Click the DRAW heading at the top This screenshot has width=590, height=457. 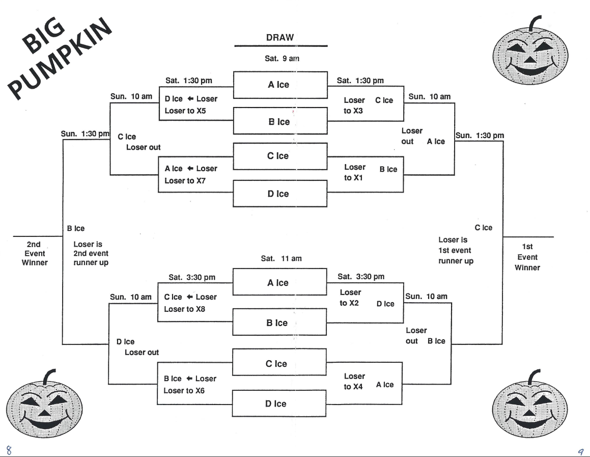[x=280, y=38]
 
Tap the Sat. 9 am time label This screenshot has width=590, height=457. [x=282, y=59]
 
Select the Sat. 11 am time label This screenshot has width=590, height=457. [x=281, y=258]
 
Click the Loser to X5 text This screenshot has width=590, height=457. [x=185, y=111]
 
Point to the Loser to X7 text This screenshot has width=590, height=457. [x=185, y=180]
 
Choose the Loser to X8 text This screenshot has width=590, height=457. [x=184, y=309]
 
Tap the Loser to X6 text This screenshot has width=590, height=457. [x=184, y=390]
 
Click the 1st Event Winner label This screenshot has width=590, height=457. [x=527, y=257]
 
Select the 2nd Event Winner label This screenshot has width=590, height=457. [x=35, y=253]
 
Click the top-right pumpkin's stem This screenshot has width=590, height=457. [x=534, y=22]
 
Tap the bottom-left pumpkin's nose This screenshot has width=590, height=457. [x=43, y=410]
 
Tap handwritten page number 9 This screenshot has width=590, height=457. [x=580, y=450]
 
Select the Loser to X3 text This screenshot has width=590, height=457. [x=354, y=105]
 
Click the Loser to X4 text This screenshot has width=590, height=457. [x=354, y=381]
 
